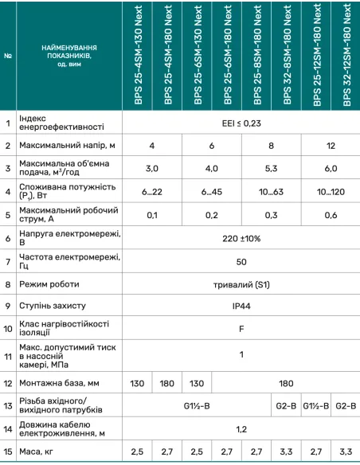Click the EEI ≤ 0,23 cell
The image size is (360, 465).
pos(241,123)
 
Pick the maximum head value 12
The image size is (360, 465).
pos(331,146)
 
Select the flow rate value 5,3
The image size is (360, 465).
pos(271,169)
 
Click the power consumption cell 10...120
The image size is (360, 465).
pos(331,192)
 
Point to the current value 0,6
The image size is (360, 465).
pos(331,215)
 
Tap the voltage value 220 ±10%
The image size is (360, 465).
pos(241,238)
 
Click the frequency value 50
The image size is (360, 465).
pos(241,261)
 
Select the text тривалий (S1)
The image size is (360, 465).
pos(241,283)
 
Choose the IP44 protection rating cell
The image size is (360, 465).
pos(241,305)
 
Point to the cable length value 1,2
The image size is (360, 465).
pos(241,428)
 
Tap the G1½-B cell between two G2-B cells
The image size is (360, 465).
pos(316,406)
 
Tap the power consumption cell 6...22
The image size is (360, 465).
pos(151,192)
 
